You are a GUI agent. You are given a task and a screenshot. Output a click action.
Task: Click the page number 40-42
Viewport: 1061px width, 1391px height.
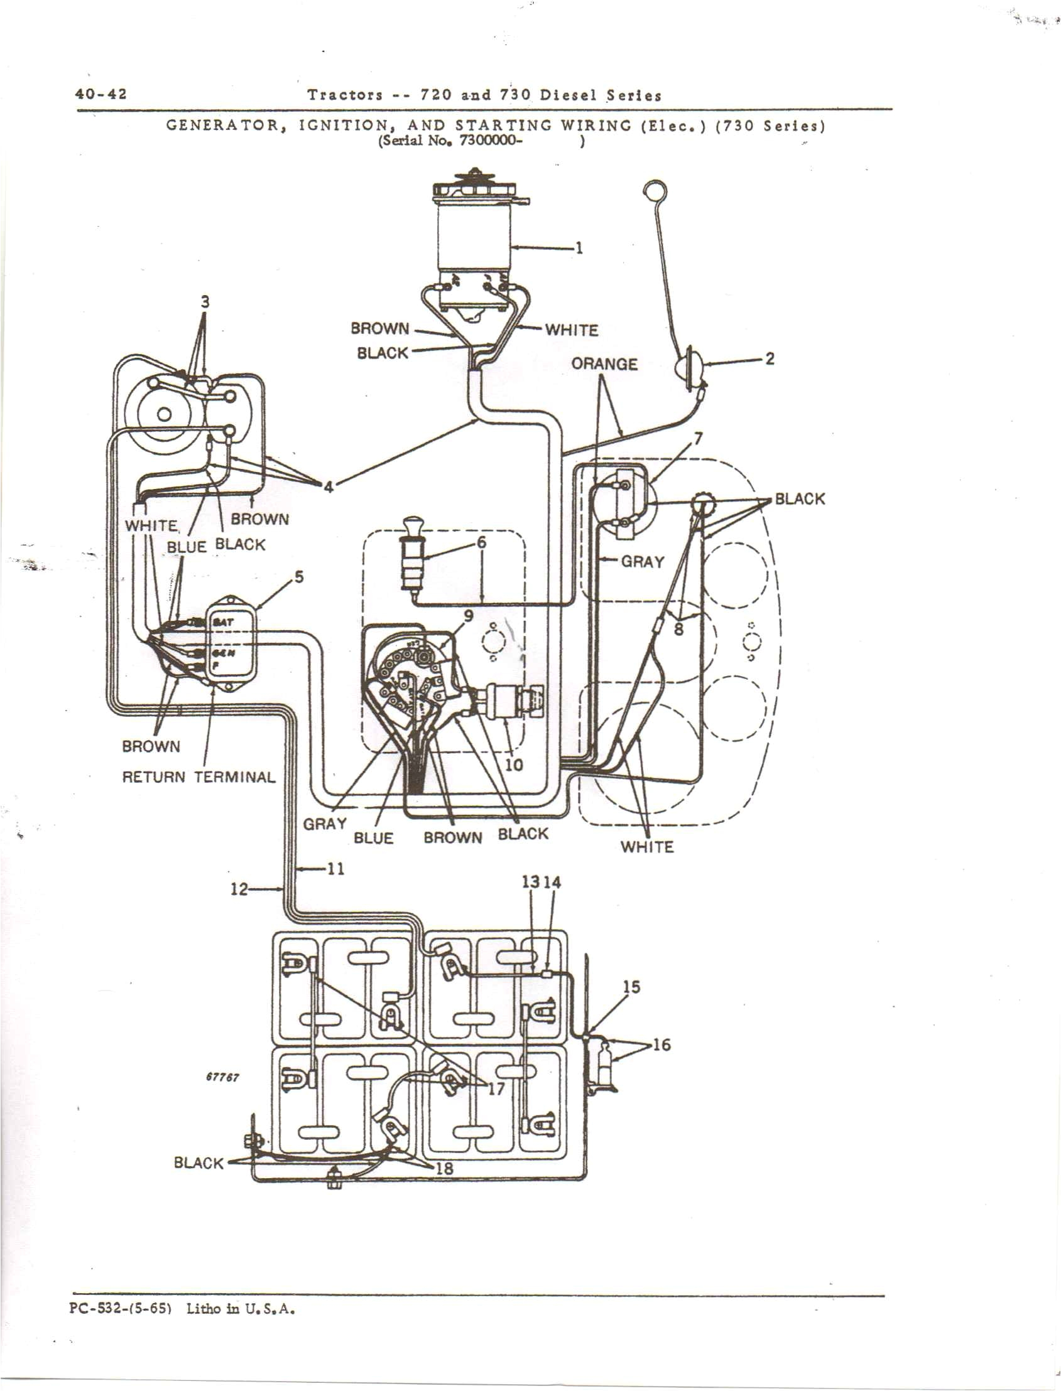point(101,94)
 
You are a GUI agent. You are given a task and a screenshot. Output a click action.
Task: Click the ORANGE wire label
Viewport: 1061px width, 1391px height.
point(604,364)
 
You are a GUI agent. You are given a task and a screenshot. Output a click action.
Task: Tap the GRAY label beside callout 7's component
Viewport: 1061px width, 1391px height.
point(642,561)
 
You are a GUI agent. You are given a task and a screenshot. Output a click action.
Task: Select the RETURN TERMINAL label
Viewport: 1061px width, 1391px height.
point(199,777)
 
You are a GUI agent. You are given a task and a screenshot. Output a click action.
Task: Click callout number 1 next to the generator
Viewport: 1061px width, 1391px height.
point(579,248)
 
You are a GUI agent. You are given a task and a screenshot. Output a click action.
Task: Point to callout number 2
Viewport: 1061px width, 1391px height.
point(770,358)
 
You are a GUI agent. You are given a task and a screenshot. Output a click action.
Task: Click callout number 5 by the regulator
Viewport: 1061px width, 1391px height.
point(299,576)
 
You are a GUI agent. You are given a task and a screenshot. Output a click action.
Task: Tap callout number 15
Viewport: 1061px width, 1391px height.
point(631,987)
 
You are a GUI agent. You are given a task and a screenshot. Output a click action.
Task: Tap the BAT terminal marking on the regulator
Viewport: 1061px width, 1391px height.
point(225,622)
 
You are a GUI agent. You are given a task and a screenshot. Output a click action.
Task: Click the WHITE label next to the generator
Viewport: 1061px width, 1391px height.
point(571,330)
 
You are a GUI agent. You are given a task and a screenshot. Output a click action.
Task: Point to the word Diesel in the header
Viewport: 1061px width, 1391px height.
point(567,95)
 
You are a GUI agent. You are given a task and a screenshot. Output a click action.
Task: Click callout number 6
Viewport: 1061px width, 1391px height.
point(481,542)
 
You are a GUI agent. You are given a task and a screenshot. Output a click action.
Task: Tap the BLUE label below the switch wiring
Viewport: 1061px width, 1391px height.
point(373,838)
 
